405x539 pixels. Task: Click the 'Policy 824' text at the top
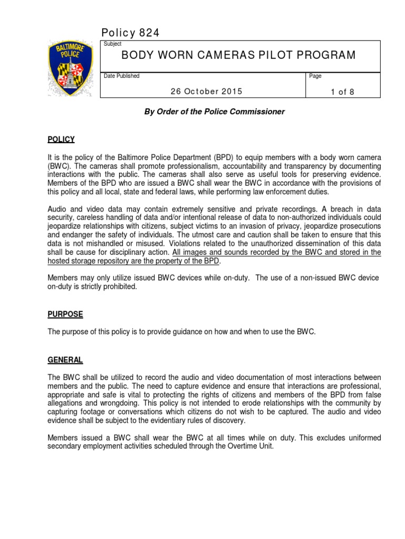click(x=130, y=33)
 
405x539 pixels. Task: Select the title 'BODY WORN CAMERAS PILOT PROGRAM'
click(x=238, y=55)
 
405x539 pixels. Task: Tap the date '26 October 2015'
click(x=206, y=91)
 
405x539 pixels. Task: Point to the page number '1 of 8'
click(x=342, y=92)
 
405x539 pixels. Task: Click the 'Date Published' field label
click(x=122, y=76)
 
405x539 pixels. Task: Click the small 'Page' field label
click(x=315, y=76)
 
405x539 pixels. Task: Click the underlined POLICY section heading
click(x=61, y=139)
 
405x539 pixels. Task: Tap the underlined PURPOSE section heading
click(x=65, y=314)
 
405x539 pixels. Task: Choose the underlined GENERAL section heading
click(x=65, y=360)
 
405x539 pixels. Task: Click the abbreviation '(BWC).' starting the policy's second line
click(x=57, y=166)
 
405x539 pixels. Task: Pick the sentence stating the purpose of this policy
click(x=181, y=332)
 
